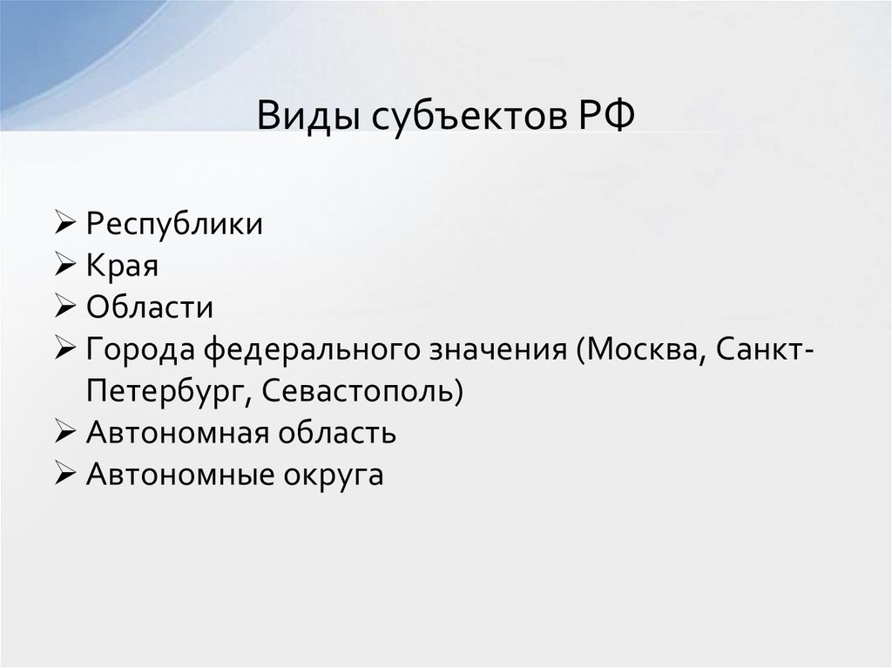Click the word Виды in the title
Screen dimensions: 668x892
(x=301, y=117)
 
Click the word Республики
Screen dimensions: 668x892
(x=174, y=225)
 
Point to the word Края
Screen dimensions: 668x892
(x=122, y=267)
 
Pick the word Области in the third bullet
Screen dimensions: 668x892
(x=149, y=308)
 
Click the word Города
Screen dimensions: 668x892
(x=143, y=350)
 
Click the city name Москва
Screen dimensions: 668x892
(x=640, y=350)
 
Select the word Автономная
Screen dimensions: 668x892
(x=178, y=434)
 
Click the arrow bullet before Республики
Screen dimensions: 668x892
(x=67, y=225)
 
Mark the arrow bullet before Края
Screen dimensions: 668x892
(x=67, y=267)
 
